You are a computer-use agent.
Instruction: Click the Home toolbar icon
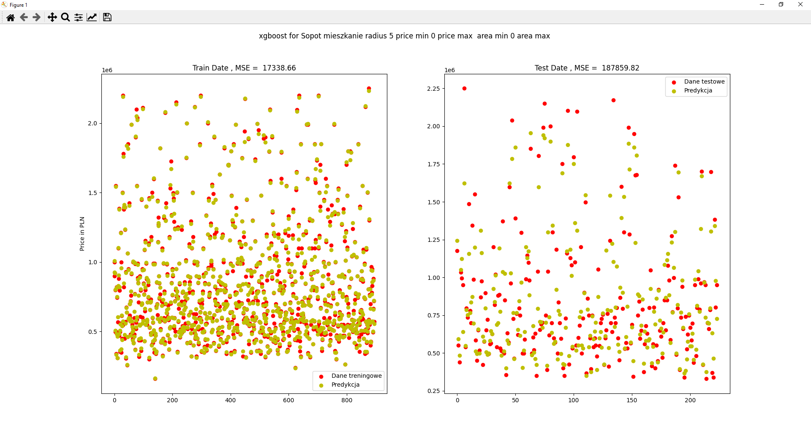click(11, 17)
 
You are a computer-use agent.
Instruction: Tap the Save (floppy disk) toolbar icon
click(107, 17)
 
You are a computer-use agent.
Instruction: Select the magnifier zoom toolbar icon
click(65, 17)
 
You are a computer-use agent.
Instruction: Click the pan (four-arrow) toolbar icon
click(52, 17)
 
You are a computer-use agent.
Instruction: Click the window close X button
click(800, 5)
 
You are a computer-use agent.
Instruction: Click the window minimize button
click(762, 5)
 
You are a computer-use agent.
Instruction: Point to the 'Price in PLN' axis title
click(82, 234)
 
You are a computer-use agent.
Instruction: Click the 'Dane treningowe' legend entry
click(356, 376)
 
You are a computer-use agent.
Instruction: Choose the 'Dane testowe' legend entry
click(704, 81)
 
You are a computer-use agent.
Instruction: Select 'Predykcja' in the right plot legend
click(698, 90)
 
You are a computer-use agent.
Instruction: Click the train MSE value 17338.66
click(279, 68)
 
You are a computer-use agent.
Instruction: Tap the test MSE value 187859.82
click(620, 68)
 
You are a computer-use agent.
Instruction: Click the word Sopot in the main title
click(311, 36)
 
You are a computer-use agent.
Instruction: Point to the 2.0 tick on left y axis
click(93, 123)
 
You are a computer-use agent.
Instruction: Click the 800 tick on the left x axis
click(347, 400)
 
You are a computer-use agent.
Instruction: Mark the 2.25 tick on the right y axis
click(433, 89)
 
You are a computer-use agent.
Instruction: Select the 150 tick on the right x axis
click(632, 400)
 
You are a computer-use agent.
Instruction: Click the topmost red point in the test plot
click(464, 88)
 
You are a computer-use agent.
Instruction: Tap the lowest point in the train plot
click(155, 379)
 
